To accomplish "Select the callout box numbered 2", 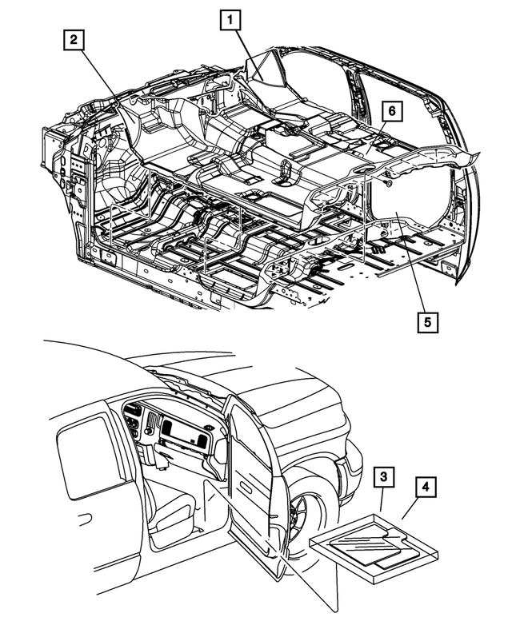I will pos(73,41).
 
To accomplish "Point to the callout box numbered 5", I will pos(427,321).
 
